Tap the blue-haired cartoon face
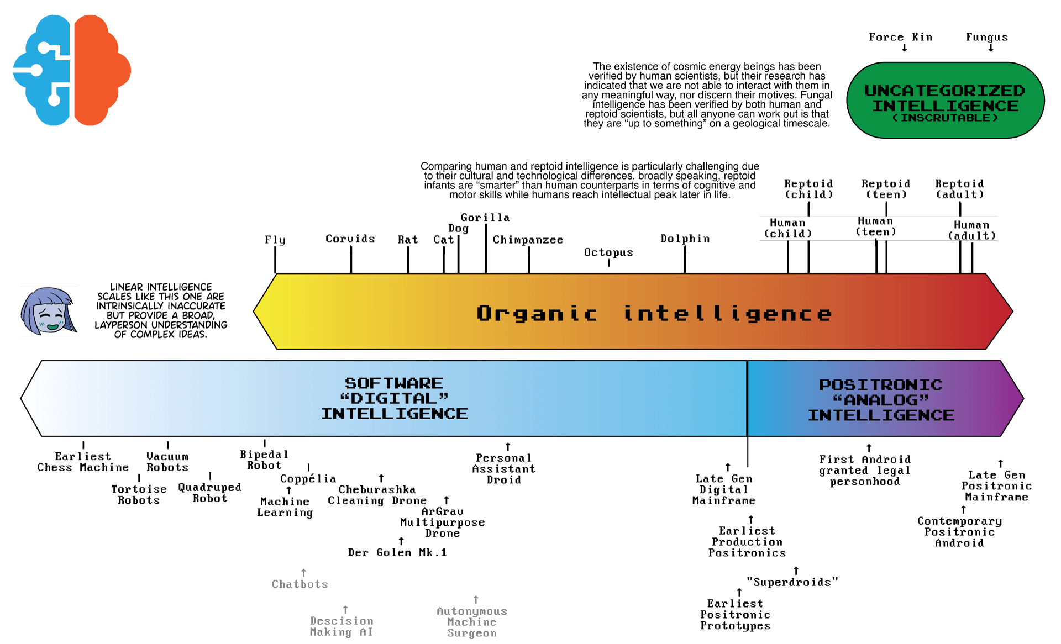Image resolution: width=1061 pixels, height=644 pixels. pyautogui.click(x=48, y=312)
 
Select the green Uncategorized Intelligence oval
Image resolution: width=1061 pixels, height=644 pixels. pyautogui.click(x=945, y=101)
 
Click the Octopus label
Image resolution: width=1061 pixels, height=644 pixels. pyautogui.click(x=608, y=252)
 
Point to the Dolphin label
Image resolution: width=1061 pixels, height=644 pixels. pyautogui.click(x=685, y=239)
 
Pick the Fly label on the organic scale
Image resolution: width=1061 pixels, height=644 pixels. pyautogui.click(x=275, y=240)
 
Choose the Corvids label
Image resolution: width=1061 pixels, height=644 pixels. pyautogui.click(x=350, y=239)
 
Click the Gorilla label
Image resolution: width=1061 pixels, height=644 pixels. pyautogui.click(x=485, y=218)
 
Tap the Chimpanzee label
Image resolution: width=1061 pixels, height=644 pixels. pyautogui.click(x=528, y=240)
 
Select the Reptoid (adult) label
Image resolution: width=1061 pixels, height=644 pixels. pyautogui.click(x=959, y=189)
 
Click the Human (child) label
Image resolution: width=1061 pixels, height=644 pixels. pyautogui.click(x=787, y=228)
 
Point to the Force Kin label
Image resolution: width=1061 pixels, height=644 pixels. pyautogui.click(x=900, y=37)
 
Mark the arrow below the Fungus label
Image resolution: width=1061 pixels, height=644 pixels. pyautogui.click(x=991, y=48)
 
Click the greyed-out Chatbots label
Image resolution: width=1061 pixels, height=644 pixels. pyautogui.click(x=300, y=584)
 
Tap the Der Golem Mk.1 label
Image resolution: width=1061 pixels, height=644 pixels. pyautogui.click(x=397, y=552)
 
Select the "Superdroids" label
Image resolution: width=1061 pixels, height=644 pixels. pyautogui.click(x=792, y=582)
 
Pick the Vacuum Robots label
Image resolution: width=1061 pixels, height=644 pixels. pyautogui.click(x=167, y=462)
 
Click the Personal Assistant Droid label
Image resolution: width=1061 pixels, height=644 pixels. pyautogui.click(x=503, y=469)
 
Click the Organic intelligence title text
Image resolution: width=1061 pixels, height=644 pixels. pyautogui.click(x=654, y=314)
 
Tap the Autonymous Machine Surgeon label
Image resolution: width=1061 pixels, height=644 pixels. pyautogui.click(x=472, y=622)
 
